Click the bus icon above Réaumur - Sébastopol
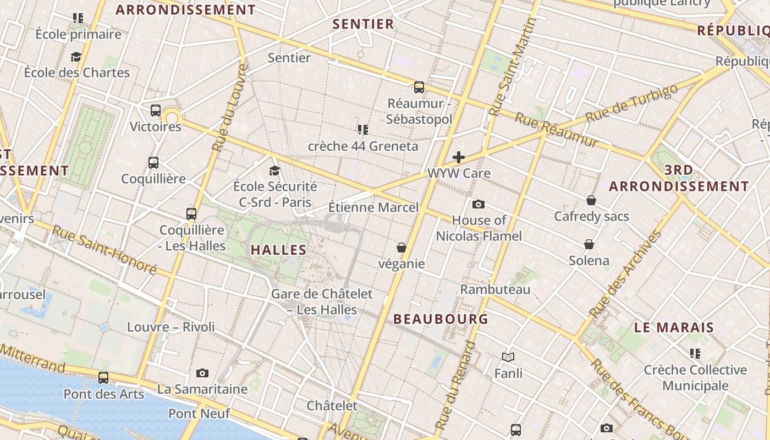click(x=419, y=87)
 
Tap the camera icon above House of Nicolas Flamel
click(x=479, y=205)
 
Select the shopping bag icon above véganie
click(x=402, y=248)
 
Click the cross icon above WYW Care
click(x=458, y=158)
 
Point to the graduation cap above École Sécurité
click(x=274, y=170)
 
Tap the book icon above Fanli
click(x=508, y=358)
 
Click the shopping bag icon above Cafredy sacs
click(x=591, y=200)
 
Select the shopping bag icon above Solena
click(x=589, y=244)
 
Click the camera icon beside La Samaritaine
click(x=202, y=373)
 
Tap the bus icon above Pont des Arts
click(x=103, y=378)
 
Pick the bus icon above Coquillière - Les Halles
click(x=191, y=214)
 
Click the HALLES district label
click(x=278, y=250)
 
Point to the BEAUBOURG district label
click(x=441, y=319)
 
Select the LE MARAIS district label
click(x=674, y=328)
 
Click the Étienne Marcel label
click(x=373, y=207)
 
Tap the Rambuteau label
click(x=495, y=289)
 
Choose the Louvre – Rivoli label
click(x=171, y=327)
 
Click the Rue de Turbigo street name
click(x=631, y=103)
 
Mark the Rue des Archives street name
click(x=625, y=274)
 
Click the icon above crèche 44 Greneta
click(x=363, y=130)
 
